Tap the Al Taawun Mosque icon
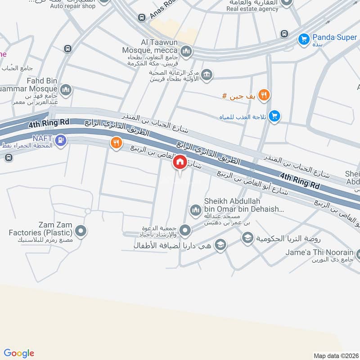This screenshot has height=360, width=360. coord(187,53)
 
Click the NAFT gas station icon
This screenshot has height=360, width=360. coord(60,141)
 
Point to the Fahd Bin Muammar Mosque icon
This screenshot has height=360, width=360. coord(66,91)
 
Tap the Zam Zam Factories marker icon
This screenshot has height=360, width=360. coord(81,232)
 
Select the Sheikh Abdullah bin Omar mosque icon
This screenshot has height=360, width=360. coord(195,210)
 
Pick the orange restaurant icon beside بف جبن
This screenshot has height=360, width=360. coord(264,95)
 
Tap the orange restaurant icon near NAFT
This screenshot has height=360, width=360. coord(116,143)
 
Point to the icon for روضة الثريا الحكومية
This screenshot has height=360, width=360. coord(247,237)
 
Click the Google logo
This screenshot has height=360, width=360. coord(18,353)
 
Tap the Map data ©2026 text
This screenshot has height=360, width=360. coord(335,355)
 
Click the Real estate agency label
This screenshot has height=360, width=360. coord(252,8)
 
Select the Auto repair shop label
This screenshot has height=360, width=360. coord(72,6)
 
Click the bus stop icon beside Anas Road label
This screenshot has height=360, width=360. coord(142,17)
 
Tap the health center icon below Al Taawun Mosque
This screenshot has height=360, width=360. coord(207,74)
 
